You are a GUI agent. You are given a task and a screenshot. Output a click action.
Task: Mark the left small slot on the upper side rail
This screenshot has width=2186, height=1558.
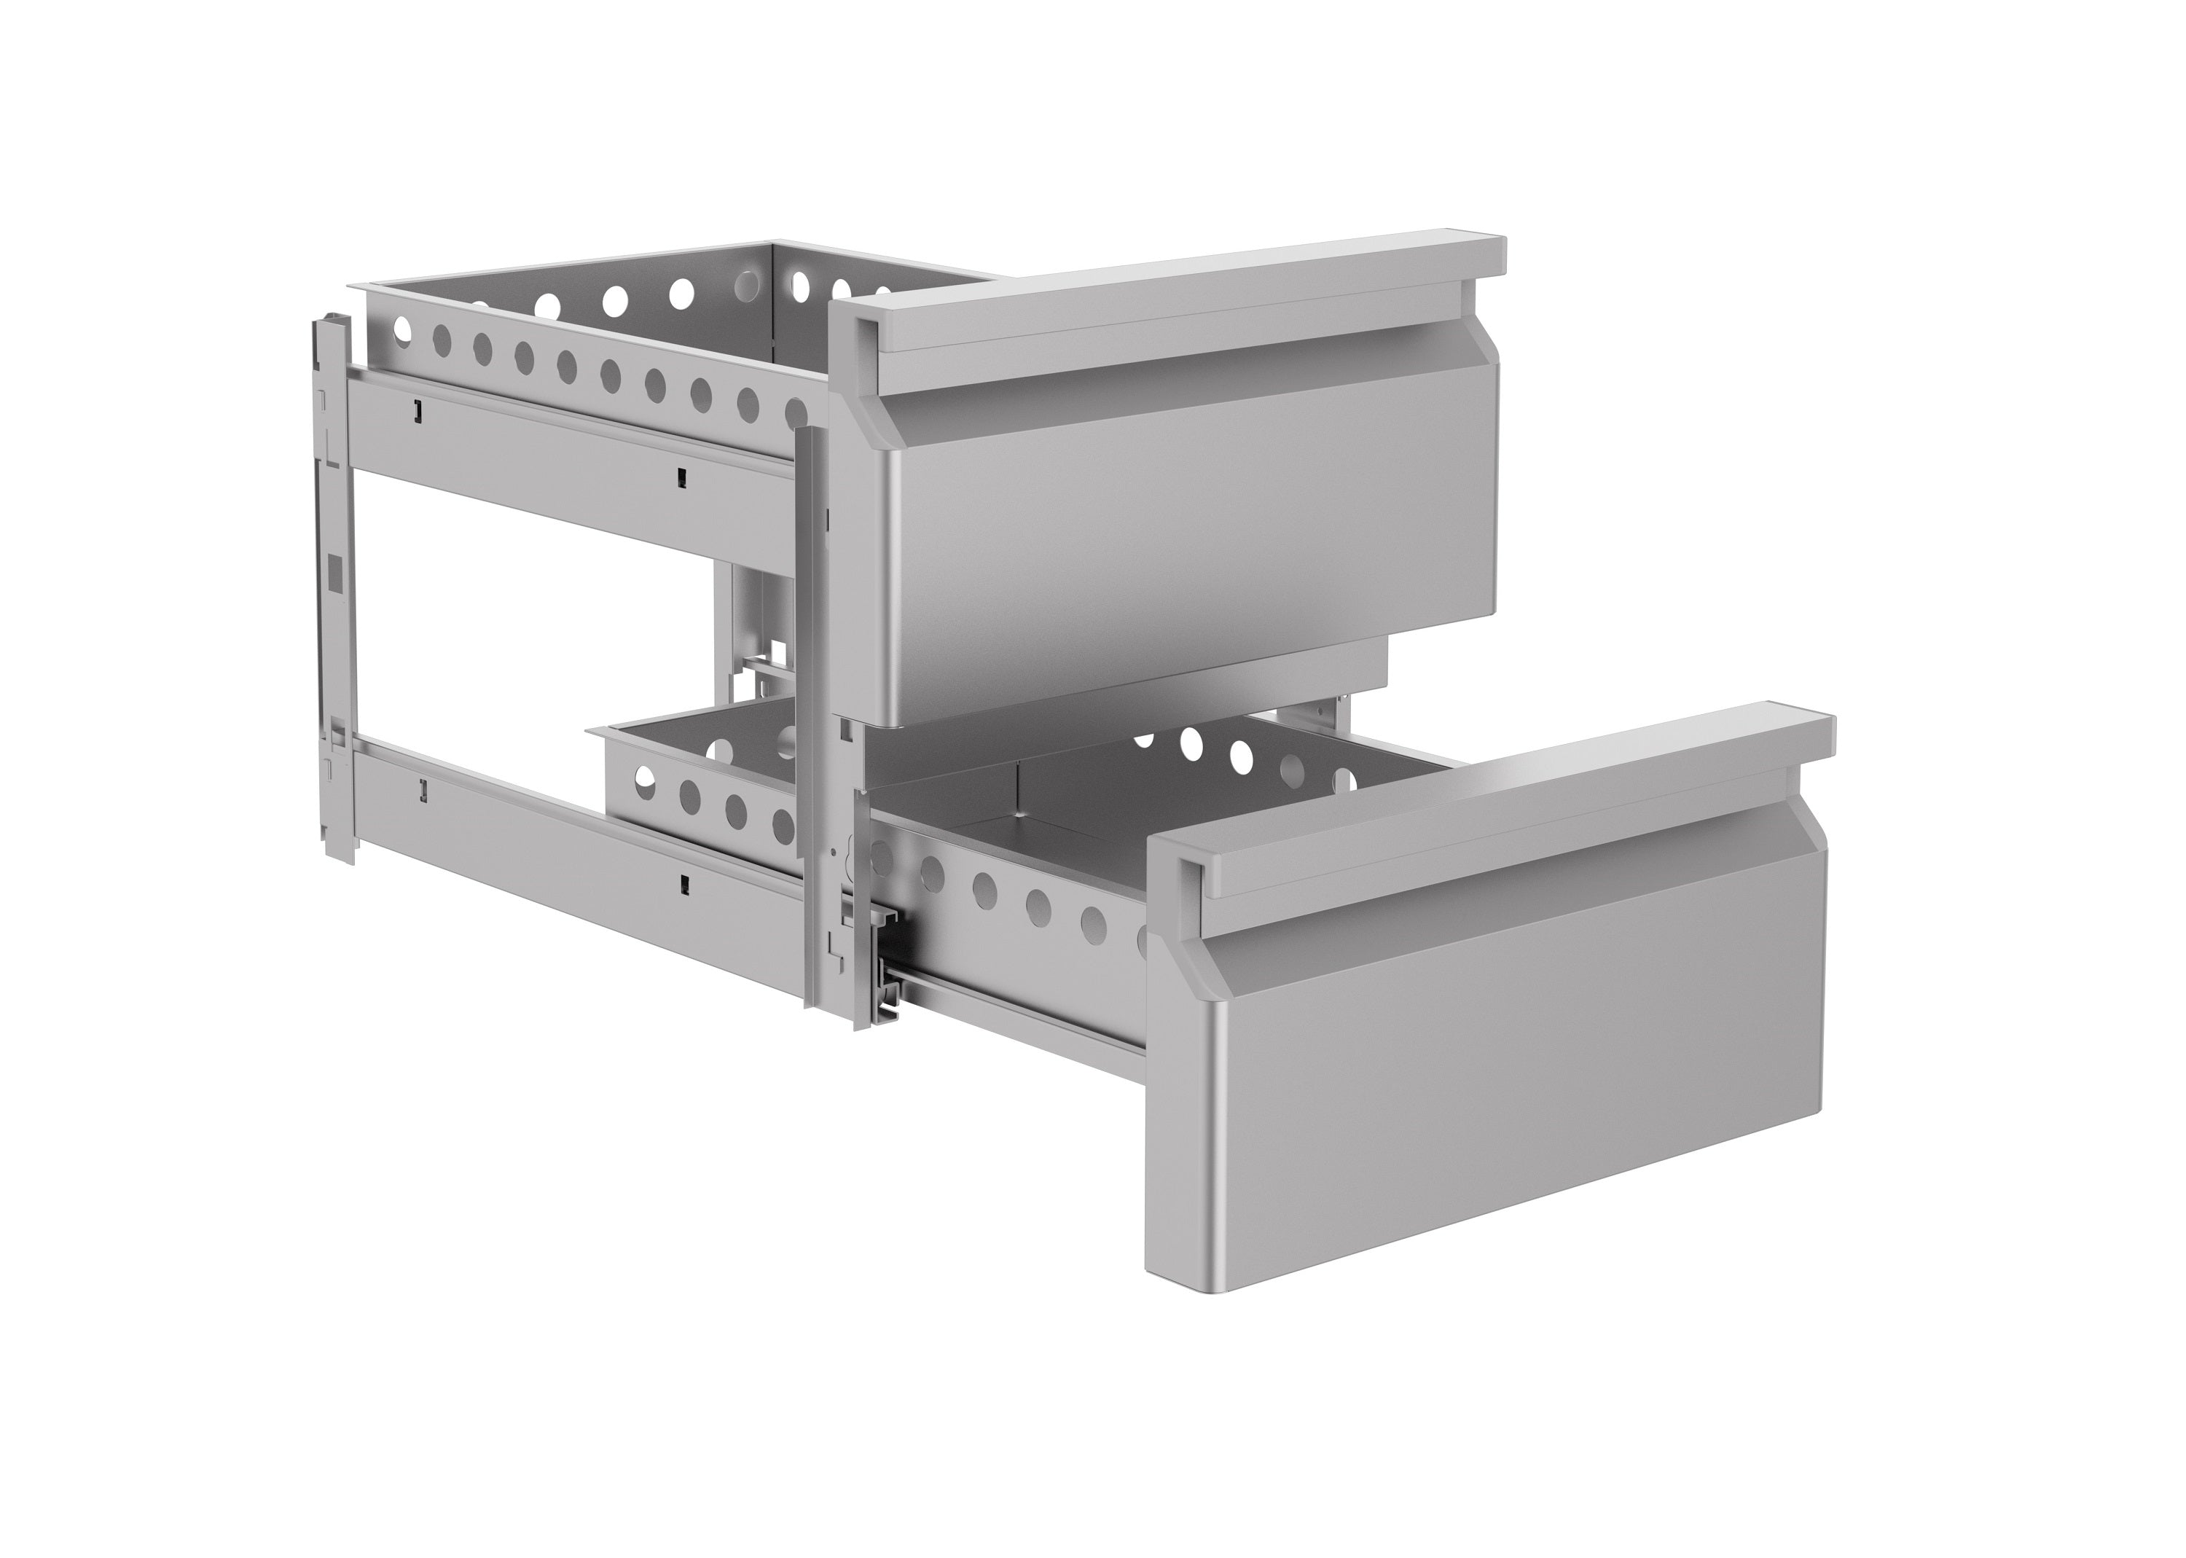tap(416, 410)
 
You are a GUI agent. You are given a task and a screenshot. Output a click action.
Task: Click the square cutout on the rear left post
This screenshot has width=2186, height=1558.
tap(334, 573)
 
